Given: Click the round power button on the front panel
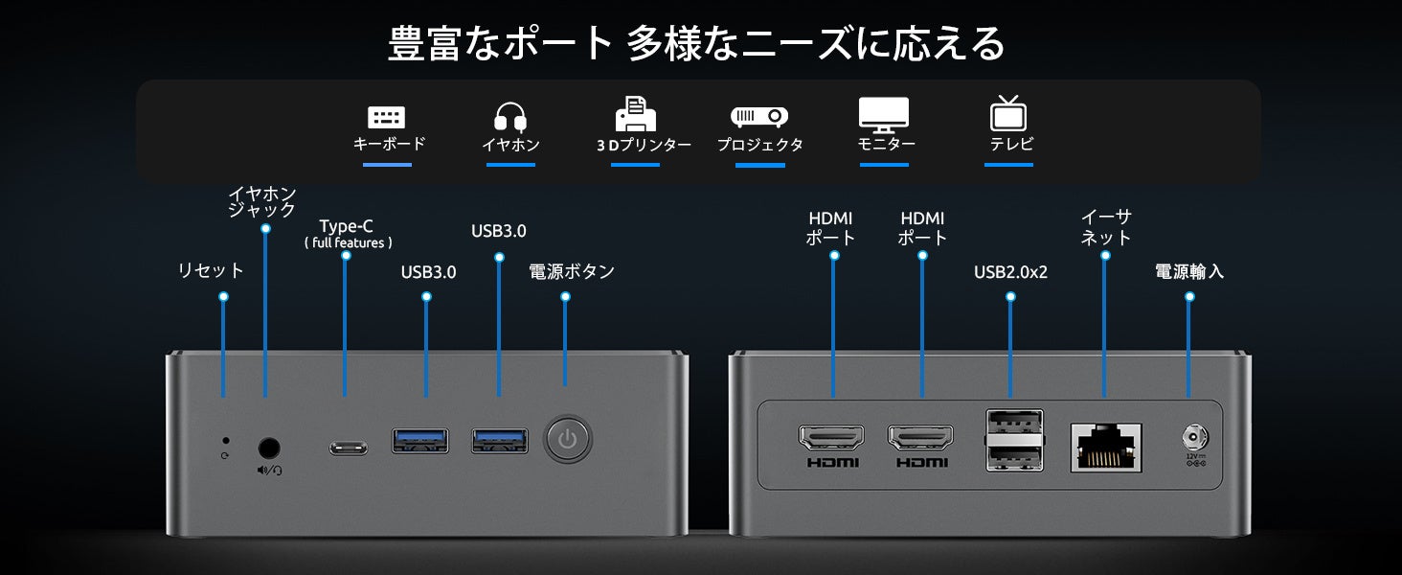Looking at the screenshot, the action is coord(568,440).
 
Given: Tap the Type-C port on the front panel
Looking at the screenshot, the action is coord(348,447).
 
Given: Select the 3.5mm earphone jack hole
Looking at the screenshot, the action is coord(269,447).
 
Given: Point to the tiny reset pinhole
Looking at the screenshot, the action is coord(224,441).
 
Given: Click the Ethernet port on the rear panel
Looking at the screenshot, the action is coord(1105,448).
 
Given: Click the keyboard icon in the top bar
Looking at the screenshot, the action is coord(387,117).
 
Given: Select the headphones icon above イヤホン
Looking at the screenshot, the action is coord(510,117).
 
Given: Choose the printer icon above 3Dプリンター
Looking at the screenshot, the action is coord(636,114).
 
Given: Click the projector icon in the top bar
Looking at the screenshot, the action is coord(759,117).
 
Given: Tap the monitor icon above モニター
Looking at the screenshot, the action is coord(884,115).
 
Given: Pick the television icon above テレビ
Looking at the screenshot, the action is coord(1008,113).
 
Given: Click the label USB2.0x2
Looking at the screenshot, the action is coord(1010,272).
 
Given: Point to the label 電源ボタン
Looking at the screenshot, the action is coord(572,272).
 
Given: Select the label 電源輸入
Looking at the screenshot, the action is coord(1189,272).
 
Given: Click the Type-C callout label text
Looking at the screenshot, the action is coord(347,227).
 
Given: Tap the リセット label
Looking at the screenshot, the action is coord(212,271).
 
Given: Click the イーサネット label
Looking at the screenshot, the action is coord(1106,228).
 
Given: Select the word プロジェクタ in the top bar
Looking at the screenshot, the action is coord(760,146).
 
